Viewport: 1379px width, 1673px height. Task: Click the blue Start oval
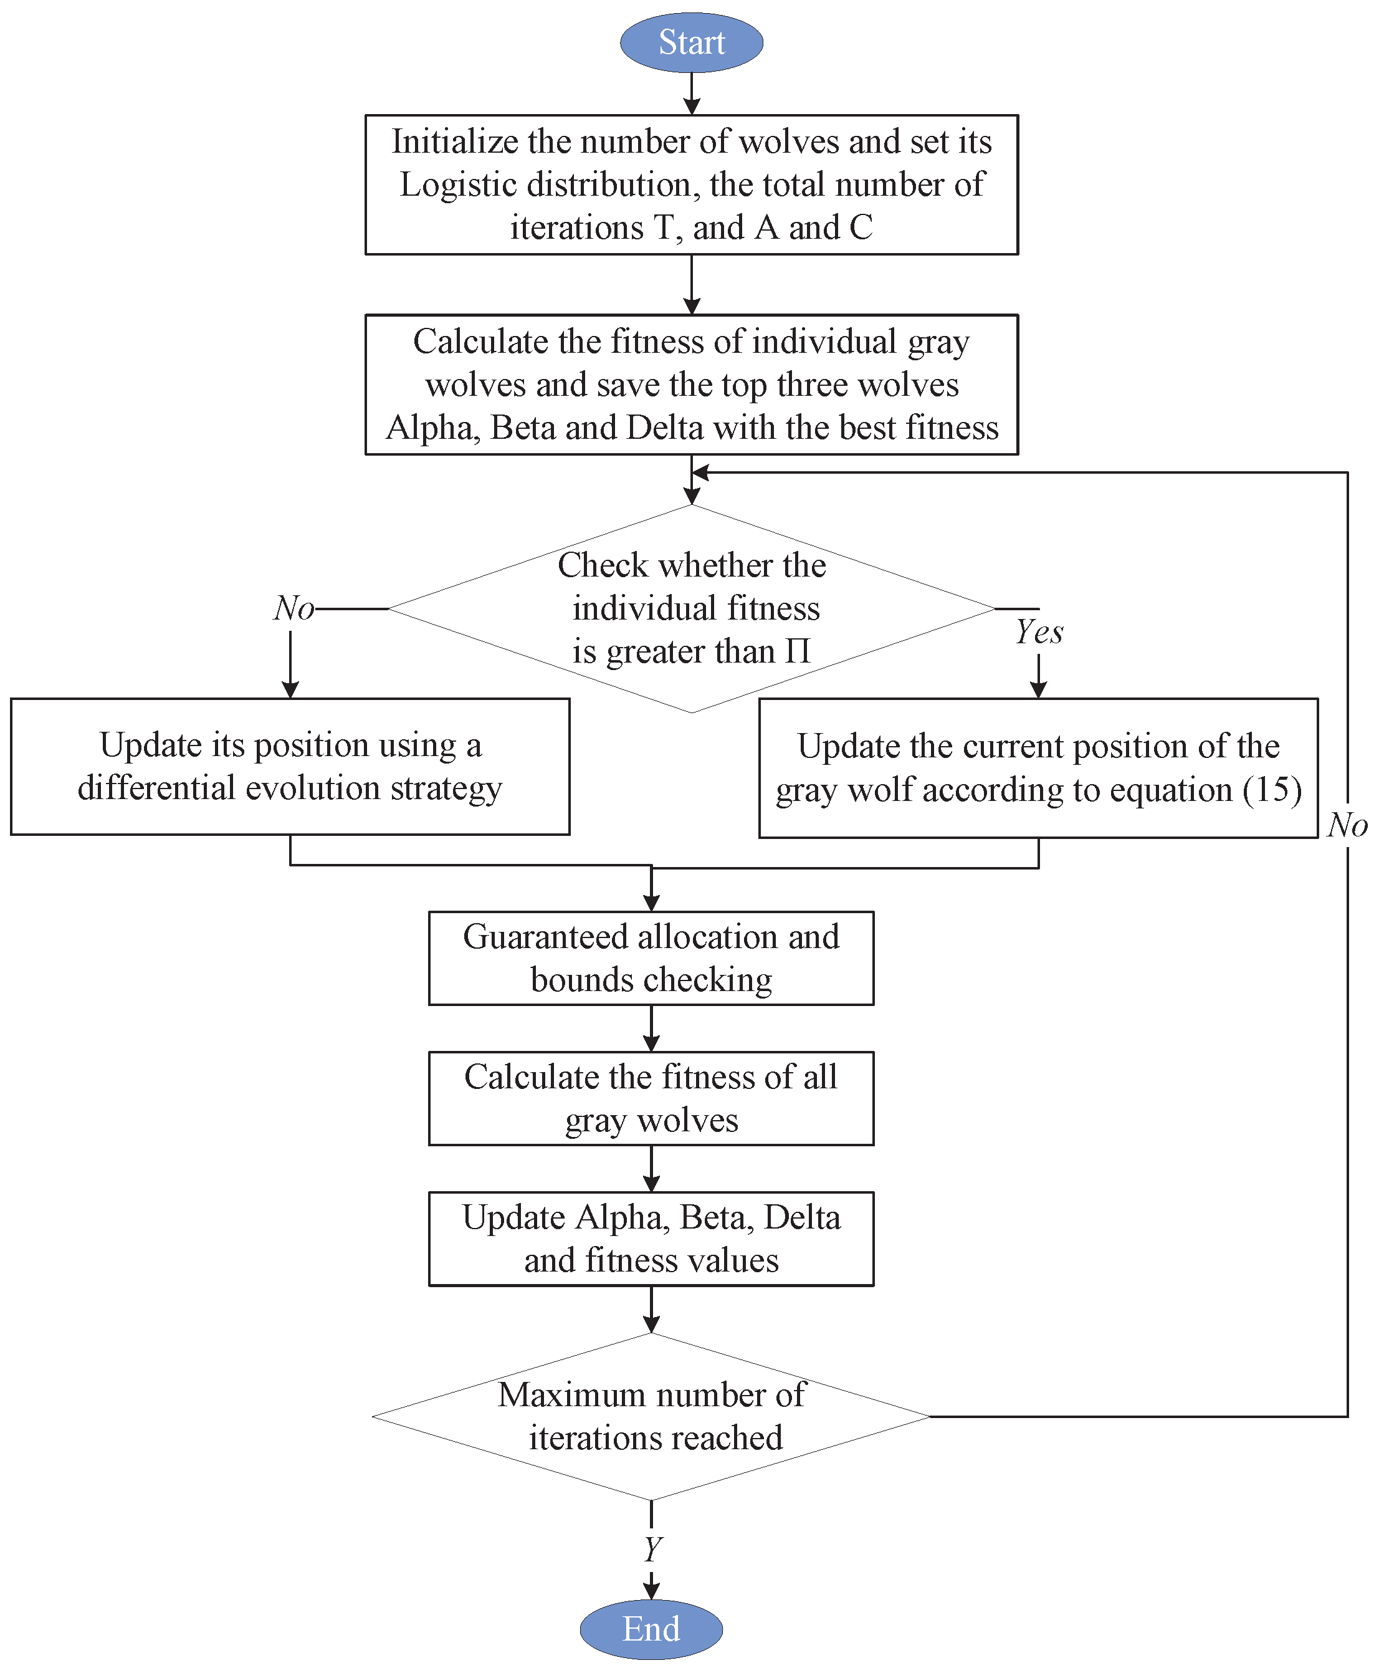[x=691, y=42]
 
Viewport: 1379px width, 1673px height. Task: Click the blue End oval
[x=651, y=1629]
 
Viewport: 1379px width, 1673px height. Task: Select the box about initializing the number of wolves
[x=691, y=185]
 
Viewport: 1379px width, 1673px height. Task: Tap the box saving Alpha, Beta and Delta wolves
[x=691, y=385]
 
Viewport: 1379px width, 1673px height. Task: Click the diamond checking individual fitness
[x=691, y=608]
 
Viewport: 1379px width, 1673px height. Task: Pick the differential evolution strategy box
[x=290, y=767]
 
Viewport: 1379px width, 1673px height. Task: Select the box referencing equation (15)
[x=1038, y=768]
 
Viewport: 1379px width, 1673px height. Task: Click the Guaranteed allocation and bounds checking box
[x=651, y=958]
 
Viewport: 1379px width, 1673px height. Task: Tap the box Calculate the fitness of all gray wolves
[x=651, y=1099]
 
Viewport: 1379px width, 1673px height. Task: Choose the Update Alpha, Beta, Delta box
[x=651, y=1239]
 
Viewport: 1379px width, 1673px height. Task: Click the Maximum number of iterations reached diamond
[x=651, y=1416]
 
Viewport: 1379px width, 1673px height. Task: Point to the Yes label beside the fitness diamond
[x=1039, y=632]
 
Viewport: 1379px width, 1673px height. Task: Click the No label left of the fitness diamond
[x=293, y=608]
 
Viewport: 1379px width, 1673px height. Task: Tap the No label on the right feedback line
[x=1347, y=825]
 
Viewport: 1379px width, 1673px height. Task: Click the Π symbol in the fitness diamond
[x=798, y=651]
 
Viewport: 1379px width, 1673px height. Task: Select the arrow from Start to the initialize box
[x=691, y=93]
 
